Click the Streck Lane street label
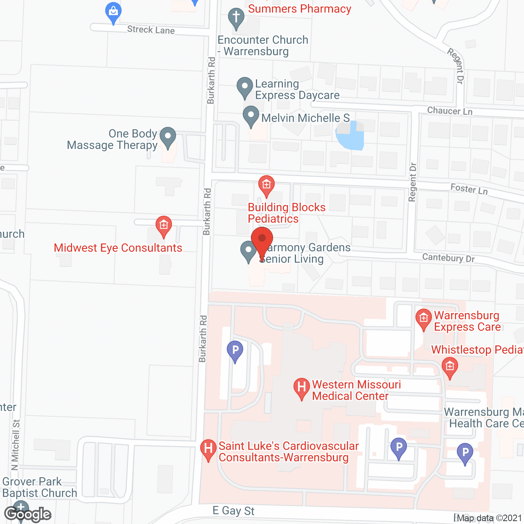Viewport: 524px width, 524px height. coord(151,29)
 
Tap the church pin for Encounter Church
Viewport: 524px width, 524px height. coord(236,18)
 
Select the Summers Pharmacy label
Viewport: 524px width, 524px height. coord(299,9)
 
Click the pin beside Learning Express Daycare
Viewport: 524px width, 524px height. coord(245,88)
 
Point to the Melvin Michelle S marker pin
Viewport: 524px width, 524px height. coord(251,116)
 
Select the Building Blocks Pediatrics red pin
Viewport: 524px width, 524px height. coord(267,185)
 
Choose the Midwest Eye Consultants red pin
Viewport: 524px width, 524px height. coord(163,226)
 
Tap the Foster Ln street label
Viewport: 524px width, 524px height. coord(469,189)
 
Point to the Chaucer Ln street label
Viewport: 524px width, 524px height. coord(449,111)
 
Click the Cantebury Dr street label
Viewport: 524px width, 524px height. coord(448,258)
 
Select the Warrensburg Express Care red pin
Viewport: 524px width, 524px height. coord(423,319)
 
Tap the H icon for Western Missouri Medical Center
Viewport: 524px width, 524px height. coord(302,388)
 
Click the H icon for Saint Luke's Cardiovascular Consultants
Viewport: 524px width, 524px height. coord(208,449)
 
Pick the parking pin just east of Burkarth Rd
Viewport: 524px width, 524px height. coord(235,351)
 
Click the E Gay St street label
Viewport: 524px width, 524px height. coord(233,511)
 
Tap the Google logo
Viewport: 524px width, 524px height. coord(27,514)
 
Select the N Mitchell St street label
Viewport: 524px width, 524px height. coord(15,445)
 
